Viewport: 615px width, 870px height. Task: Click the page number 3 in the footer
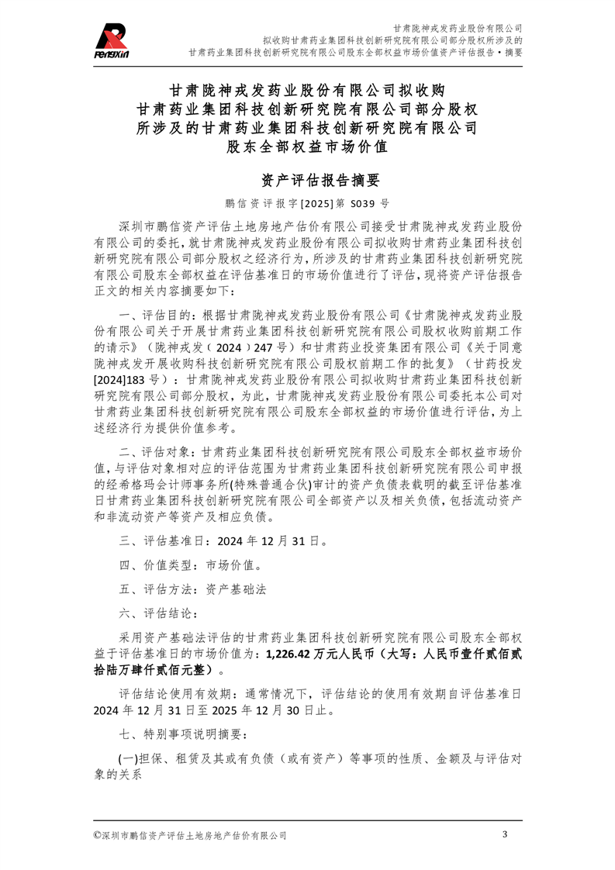pyautogui.click(x=505, y=835)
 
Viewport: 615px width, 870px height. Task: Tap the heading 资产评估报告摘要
pyautogui.click(x=307, y=181)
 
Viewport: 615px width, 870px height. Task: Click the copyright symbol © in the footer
pyautogui.click(x=97, y=836)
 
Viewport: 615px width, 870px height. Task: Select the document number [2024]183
pyautogui.click(x=120, y=381)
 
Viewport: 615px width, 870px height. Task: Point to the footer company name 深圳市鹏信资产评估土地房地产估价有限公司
pyautogui.click(x=194, y=836)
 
